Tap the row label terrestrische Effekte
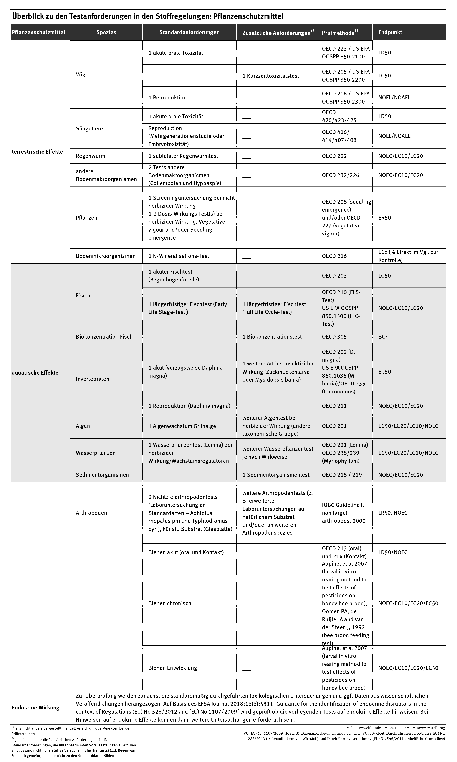(37, 152)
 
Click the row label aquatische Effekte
(35, 373)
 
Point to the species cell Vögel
(83, 74)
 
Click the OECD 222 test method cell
(334, 156)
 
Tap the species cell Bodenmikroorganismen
(106, 256)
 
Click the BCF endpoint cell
(383, 337)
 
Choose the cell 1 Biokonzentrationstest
(272, 337)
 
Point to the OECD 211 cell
(334, 406)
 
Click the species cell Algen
(83, 426)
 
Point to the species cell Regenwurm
(90, 156)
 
